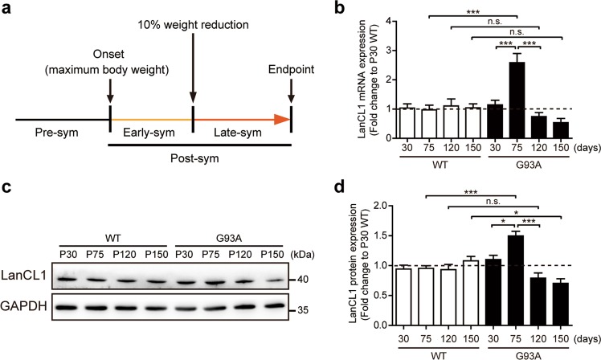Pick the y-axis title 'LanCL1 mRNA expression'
click(348, 78)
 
